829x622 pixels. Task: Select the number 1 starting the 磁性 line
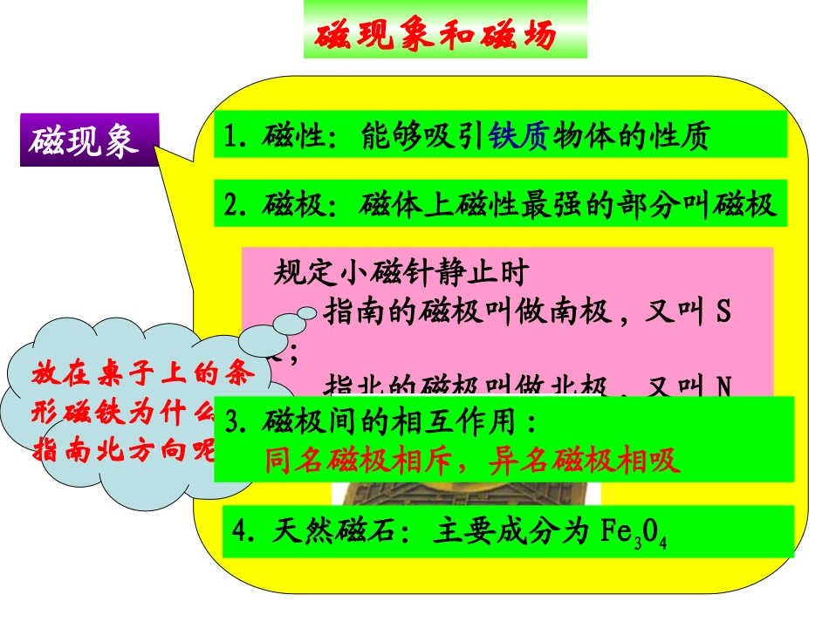[231, 137]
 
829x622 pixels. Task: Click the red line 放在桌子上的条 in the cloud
[144, 373]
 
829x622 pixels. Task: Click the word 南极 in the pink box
[586, 312]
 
